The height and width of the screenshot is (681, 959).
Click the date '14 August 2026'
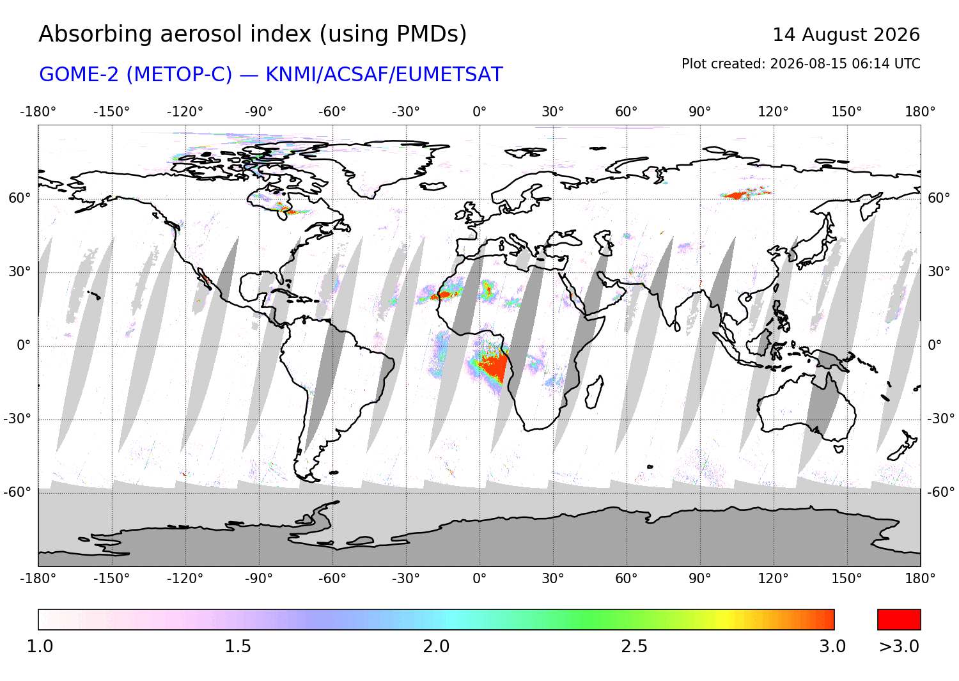click(846, 35)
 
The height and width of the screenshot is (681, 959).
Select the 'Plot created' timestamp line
click(800, 64)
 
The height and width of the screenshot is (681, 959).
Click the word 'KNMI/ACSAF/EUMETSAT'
click(384, 75)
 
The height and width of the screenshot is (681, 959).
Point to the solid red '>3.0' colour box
click(899, 620)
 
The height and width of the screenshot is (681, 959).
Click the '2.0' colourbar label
click(436, 646)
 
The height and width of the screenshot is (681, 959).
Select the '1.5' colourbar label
click(238, 646)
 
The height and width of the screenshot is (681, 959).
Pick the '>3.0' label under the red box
click(899, 646)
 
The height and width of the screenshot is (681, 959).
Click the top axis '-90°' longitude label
click(258, 112)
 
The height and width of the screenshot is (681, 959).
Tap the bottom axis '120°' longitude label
click(773, 579)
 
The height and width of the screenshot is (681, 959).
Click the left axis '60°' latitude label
click(20, 198)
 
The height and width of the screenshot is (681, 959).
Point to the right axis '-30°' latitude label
click(940, 418)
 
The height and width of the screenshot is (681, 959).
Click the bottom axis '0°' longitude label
click(479, 579)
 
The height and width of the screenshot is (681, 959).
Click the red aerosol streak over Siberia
click(744, 194)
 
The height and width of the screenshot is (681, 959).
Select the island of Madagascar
click(594, 392)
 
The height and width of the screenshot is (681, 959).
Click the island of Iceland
click(433, 186)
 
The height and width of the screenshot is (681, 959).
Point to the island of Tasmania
click(839, 450)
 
